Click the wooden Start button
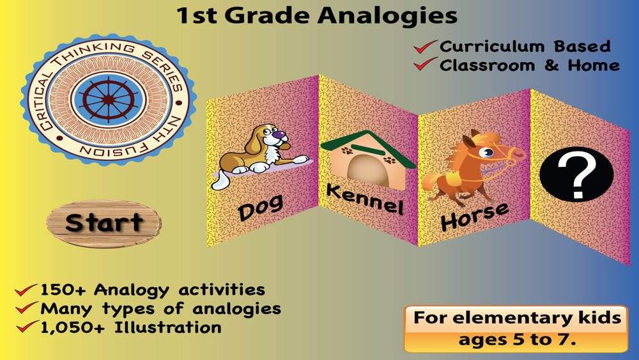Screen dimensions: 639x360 tap(104, 223)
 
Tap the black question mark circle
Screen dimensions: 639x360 tap(576, 174)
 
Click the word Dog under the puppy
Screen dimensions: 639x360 tap(261, 208)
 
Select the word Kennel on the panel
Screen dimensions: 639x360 tap(365, 200)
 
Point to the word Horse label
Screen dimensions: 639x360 tap(475, 217)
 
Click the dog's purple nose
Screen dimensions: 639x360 tap(279, 134)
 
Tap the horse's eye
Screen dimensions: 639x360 tap(486, 153)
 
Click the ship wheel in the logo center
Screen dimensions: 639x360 tap(108, 100)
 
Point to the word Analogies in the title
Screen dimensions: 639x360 tap(387, 17)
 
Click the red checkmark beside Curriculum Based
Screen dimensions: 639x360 tap(425, 47)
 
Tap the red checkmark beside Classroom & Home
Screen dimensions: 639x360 tap(425, 65)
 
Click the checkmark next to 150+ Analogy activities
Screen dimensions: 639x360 tap(26, 290)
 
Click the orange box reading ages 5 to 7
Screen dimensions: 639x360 tap(516, 329)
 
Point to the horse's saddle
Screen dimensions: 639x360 tap(452, 178)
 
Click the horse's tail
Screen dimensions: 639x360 tap(430, 182)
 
